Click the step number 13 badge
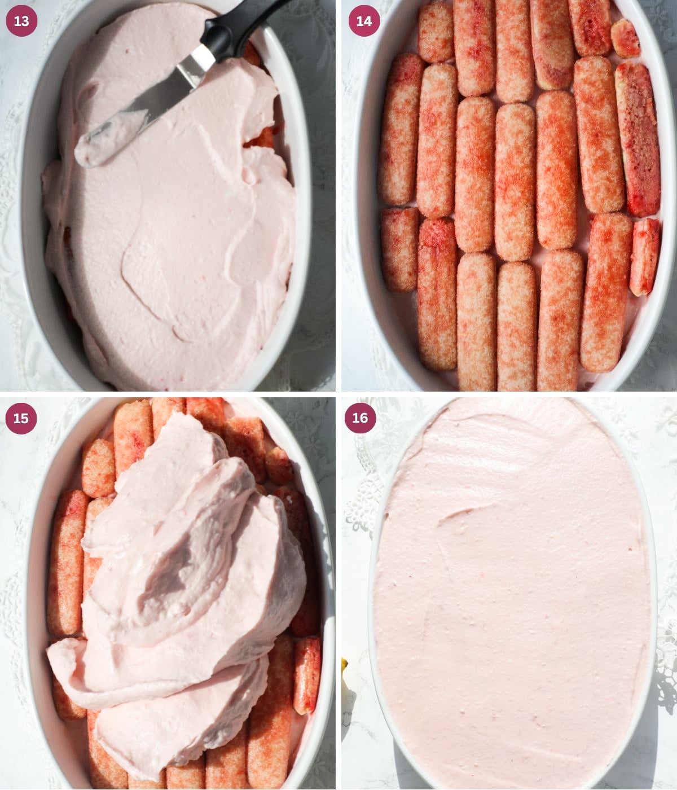(x=21, y=21)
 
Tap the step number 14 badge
(x=364, y=21)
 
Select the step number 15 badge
(x=21, y=418)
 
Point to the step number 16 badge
(x=360, y=418)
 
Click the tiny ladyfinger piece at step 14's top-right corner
(x=625, y=38)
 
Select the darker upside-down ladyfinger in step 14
(x=638, y=138)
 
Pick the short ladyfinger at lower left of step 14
(x=399, y=249)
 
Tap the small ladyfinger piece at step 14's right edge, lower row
(x=644, y=257)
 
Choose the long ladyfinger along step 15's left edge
(x=65, y=561)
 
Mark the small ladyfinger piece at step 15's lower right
(x=306, y=674)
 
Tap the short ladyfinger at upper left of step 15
(x=98, y=468)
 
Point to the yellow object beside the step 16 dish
(x=345, y=669)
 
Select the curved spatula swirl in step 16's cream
(x=468, y=513)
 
